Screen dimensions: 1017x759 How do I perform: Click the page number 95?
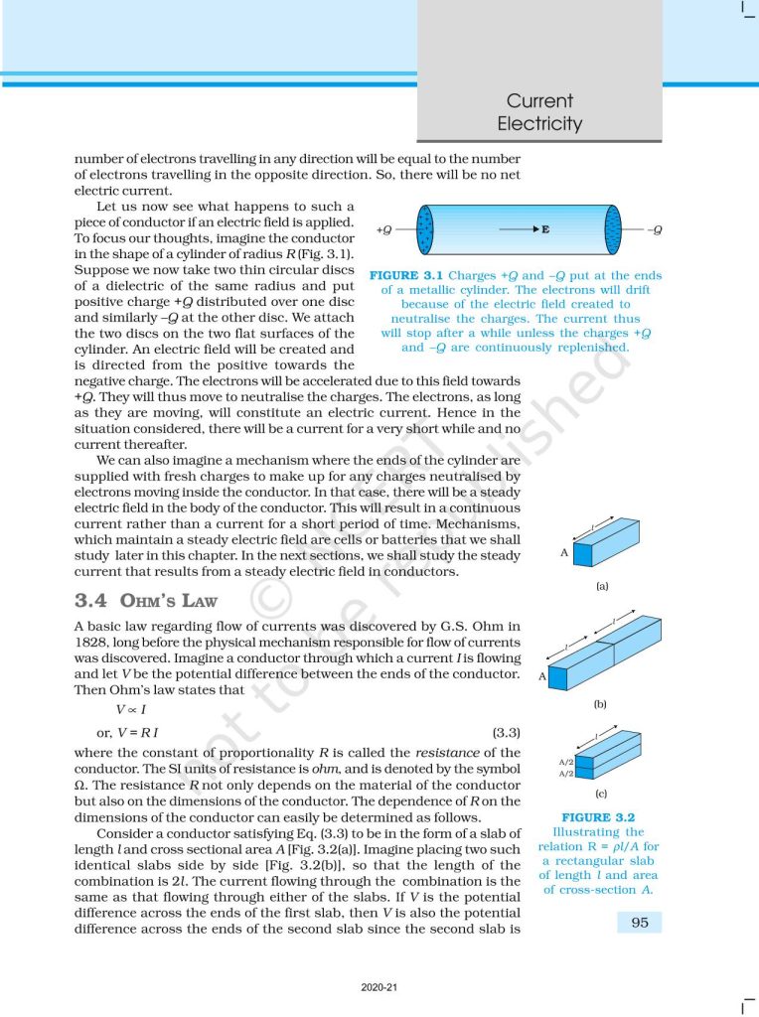tap(640, 922)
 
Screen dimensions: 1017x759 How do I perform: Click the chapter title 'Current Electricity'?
tap(539, 112)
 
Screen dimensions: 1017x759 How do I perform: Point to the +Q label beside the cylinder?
tap(383, 229)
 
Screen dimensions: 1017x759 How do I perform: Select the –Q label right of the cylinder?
tap(653, 229)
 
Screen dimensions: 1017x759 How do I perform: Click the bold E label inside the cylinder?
tap(545, 229)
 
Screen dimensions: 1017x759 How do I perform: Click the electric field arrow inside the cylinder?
tap(517, 229)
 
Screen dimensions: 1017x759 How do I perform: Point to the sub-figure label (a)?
tap(602, 586)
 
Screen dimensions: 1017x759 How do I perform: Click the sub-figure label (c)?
tap(601, 795)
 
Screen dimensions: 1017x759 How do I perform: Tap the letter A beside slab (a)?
tap(564, 553)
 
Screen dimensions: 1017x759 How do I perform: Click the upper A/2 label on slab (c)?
tap(566, 762)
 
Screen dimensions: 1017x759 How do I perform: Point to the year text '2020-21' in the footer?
tap(379, 988)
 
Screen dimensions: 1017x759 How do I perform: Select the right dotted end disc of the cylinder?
tap(613, 229)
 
